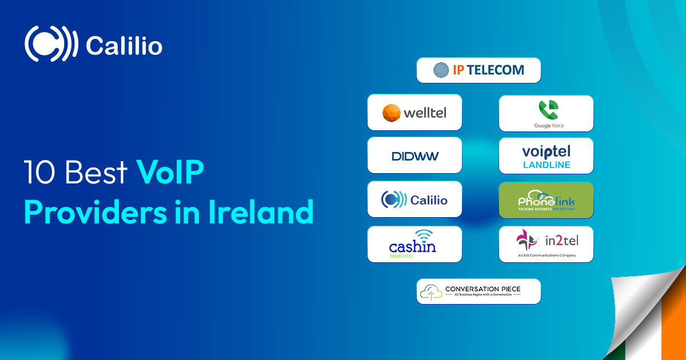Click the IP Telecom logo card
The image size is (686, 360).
(x=478, y=70)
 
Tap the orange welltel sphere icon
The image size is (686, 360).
(x=392, y=113)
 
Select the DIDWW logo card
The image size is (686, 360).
(x=414, y=155)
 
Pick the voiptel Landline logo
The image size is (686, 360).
(x=546, y=156)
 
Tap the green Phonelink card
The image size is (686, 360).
(x=546, y=200)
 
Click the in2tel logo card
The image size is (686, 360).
(x=546, y=244)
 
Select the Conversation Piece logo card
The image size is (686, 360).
(x=478, y=291)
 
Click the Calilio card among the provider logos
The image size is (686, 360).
(x=414, y=199)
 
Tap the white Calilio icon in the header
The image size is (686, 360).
(x=51, y=44)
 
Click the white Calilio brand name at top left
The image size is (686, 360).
(x=123, y=46)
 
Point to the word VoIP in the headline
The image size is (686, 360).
(x=170, y=173)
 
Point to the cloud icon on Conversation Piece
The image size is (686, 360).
(x=431, y=293)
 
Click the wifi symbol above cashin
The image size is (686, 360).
(x=424, y=235)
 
